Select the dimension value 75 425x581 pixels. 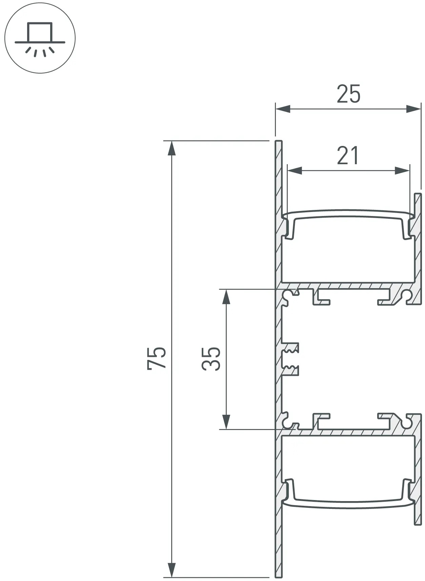(157, 358)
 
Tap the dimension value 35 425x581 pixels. (211, 359)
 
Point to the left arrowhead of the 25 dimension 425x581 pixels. (283, 109)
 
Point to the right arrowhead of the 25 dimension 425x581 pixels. (413, 109)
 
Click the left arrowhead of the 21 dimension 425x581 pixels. (295, 170)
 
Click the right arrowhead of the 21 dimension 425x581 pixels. (402, 170)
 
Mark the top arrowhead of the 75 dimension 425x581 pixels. (172, 148)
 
